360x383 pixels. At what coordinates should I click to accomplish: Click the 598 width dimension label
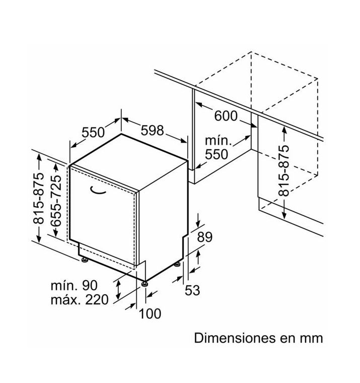(152, 131)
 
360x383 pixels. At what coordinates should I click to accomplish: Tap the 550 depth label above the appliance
(93, 133)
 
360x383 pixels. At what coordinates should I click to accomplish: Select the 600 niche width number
(226, 116)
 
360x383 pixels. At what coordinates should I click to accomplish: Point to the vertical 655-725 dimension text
(56, 200)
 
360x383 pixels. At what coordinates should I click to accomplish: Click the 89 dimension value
(205, 237)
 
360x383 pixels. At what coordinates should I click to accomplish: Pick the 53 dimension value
(192, 290)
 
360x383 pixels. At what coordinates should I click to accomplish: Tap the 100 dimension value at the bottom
(150, 313)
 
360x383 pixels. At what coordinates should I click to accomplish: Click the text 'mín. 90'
(74, 285)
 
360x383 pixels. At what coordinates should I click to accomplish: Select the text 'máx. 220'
(80, 299)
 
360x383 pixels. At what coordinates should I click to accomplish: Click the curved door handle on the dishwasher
(98, 191)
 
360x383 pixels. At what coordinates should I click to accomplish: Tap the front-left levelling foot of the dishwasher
(85, 260)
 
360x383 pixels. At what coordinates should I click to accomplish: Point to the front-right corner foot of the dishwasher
(145, 284)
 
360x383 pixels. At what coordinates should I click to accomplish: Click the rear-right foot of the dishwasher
(177, 264)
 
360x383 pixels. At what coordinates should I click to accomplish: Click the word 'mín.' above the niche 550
(218, 141)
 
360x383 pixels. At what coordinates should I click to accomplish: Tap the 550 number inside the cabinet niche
(216, 154)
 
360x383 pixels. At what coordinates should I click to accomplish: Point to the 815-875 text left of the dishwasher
(39, 199)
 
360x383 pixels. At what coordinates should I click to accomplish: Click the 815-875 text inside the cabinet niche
(283, 170)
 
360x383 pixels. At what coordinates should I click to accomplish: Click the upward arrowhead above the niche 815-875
(284, 130)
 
